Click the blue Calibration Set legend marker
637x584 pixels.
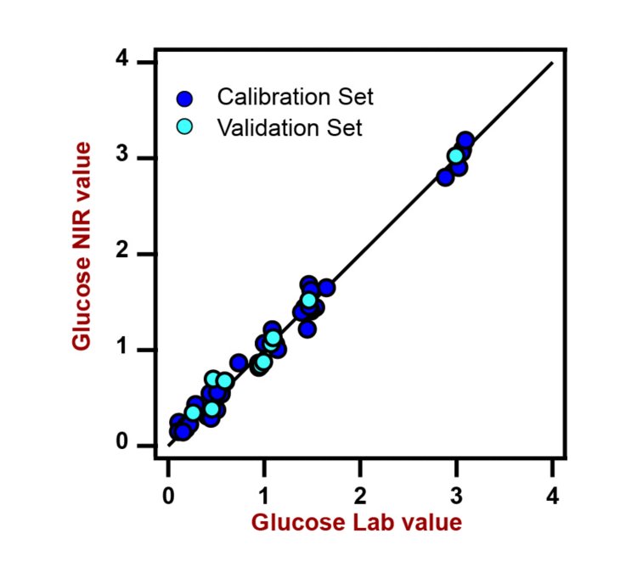click(x=185, y=98)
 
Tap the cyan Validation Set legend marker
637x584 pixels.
click(x=185, y=128)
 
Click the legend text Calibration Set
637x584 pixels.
click(x=295, y=97)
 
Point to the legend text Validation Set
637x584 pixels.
click(x=290, y=128)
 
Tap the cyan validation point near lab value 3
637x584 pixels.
click(x=456, y=155)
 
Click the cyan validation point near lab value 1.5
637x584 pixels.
click(x=309, y=300)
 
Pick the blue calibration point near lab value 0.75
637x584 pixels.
click(x=239, y=362)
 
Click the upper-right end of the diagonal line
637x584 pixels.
click(x=552, y=63)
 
